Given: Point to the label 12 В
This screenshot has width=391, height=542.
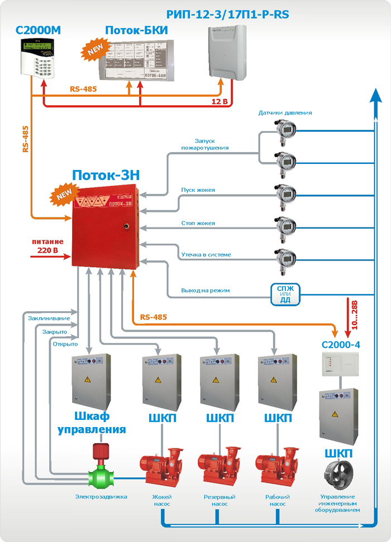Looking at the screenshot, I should click(220, 102).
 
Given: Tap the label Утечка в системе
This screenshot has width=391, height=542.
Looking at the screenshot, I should click(206, 255).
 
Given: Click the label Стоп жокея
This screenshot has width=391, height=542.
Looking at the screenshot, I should click(198, 223).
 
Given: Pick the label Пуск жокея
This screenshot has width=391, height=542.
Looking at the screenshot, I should click(198, 190).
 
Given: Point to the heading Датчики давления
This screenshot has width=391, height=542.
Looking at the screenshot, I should click(285, 113).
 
